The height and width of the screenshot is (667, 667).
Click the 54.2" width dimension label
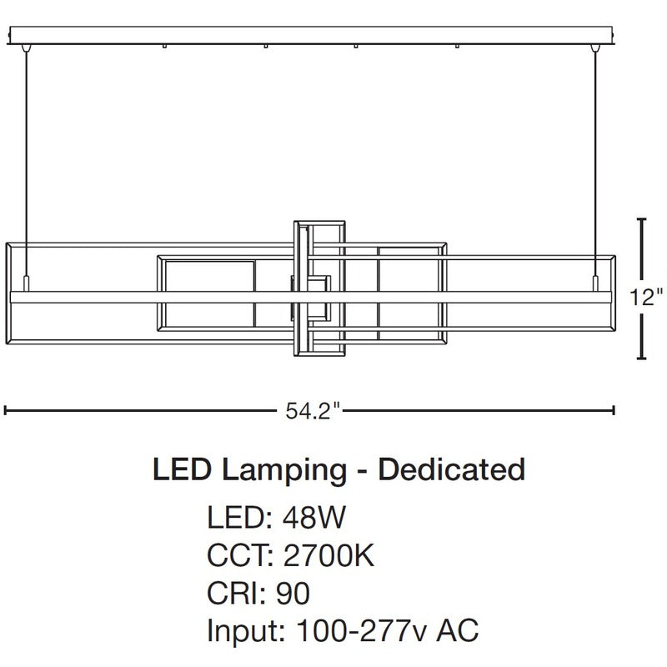[313, 410]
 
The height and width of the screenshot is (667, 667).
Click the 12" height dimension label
[646, 297]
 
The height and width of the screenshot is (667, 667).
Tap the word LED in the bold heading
[182, 469]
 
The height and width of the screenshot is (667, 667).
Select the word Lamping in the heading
[283, 471]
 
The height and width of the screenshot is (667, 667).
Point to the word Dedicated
[451, 469]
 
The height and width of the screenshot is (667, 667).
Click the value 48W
[314, 517]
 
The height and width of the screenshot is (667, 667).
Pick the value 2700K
[328, 555]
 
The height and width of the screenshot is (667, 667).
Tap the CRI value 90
[293, 593]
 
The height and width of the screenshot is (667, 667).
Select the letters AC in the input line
[457, 630]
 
